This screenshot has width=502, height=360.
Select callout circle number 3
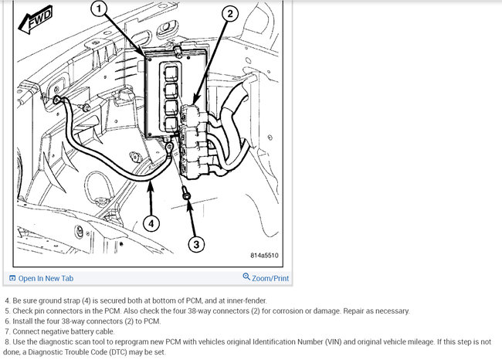[197, 244]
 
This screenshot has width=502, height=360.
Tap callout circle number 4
[151, 224]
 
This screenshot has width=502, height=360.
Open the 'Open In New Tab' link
[46, 278]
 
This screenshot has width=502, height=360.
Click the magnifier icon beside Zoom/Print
[246, 277]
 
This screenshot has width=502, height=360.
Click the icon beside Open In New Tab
[12, 278]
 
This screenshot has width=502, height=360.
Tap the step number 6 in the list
[6, 321]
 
